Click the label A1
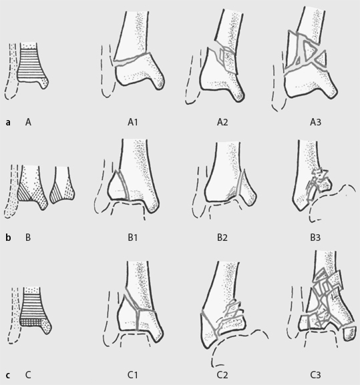point(133,122)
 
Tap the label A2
point(222,122)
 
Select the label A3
point(315,122)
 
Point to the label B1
point(132,238)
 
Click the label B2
point(222,238)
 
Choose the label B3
point(315,238)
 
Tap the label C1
point(132,375)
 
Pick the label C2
point(222,375)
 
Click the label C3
point(315,375)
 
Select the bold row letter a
point(8,123)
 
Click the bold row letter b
point(8,238)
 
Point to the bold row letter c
point(8,376)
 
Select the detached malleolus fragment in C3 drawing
point(349,333)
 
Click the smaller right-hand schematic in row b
point(62,185)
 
